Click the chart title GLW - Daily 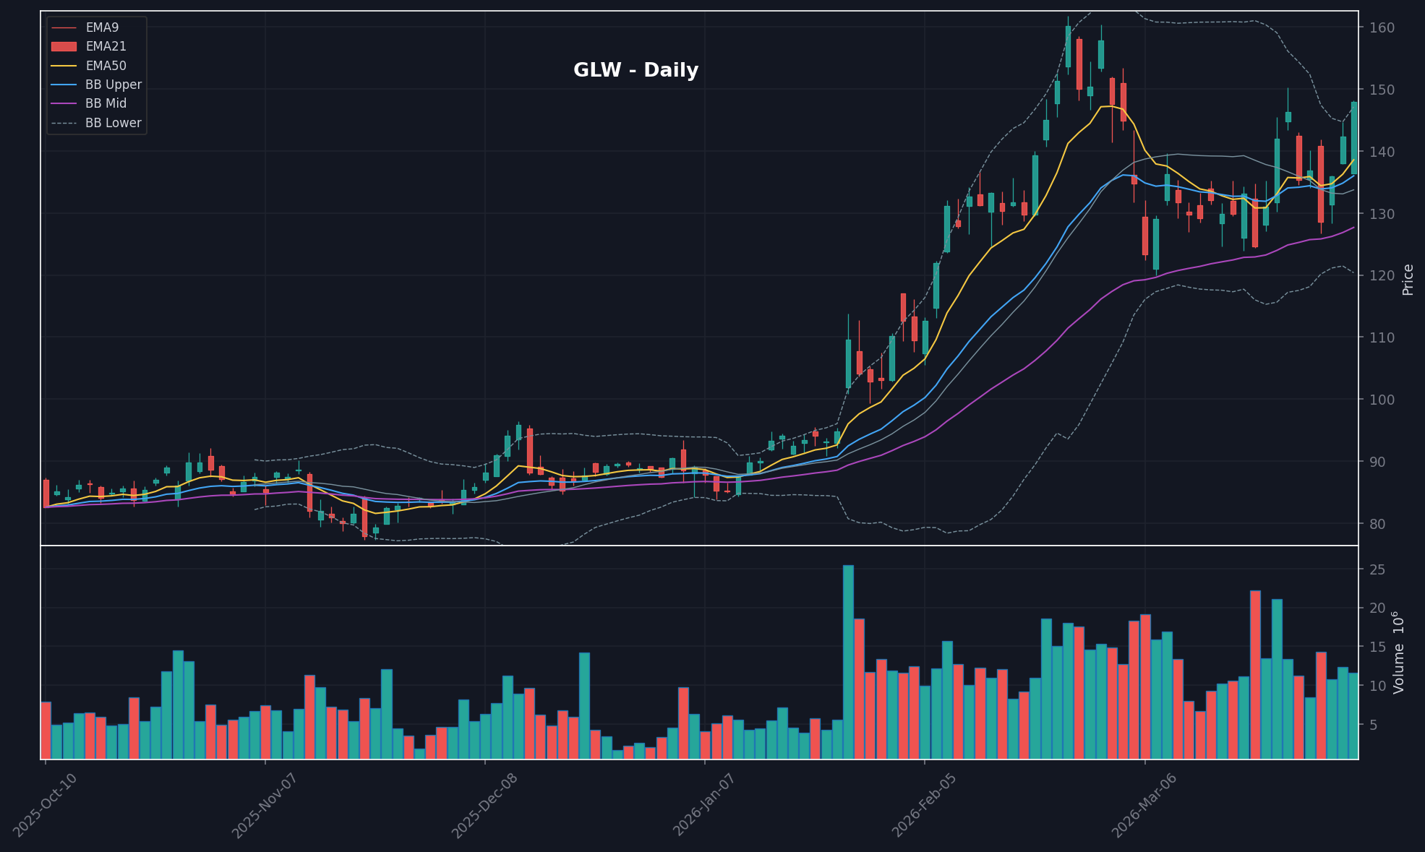point(636,71)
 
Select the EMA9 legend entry point(102,27)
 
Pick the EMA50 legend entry point(106,66)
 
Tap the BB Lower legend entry point(113,123)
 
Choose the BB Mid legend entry point(106,103)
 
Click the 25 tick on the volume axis point(1377,570)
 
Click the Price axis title point(1408,279)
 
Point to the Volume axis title point(1400,652)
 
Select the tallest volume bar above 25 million point(848,661)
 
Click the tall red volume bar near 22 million point(1255,674)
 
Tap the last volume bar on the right point(1353,715)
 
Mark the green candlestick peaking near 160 point(1068,47)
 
